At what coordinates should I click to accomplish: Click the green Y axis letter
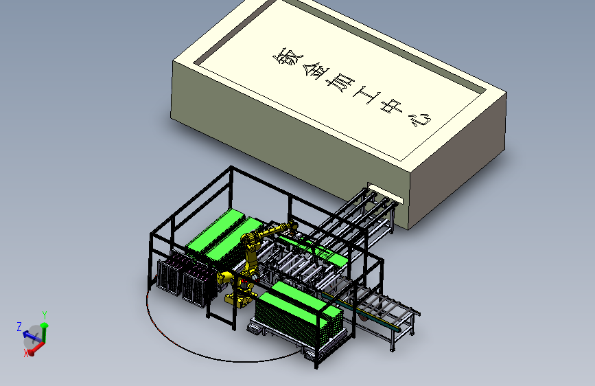pyautogui.click(x=45, y=315)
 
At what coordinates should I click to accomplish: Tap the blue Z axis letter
pyautogui.click(x=19, y=326)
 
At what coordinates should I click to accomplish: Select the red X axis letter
pyautogui.click(x=26, y=353)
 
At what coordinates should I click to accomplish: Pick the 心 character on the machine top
pyautogui.click(x=421, y=120)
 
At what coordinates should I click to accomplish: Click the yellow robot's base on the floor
pyautogui.click(x=239, y=299)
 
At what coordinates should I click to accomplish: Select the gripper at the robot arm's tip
pyautogui.click(x=293, y=227)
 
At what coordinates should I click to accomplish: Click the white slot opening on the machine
pyautogui.click(x=385, y=193)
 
